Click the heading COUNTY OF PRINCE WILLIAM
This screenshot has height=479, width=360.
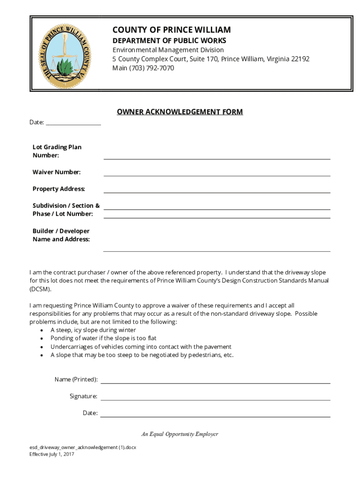pyautogui.click(x=171, y=30)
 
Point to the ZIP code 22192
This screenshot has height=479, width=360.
pyautogui.click(x=300, y=59)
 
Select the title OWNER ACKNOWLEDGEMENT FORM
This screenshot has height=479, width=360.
pyautogui.click(x=180, y=112)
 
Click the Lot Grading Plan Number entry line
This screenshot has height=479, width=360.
pyautogui.click(x=216, y=157)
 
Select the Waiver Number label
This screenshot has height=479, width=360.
pyautogui.click(x=57, y=172)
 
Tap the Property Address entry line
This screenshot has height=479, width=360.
pyautogui.click(x=216, y=191)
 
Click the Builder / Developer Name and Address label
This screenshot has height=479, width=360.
pyautogui.click(x=61, y=235)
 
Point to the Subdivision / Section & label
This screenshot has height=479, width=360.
pyautogui.click(x=66, y=206)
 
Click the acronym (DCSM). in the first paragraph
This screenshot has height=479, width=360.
pyautogui.click(x=41, y=289)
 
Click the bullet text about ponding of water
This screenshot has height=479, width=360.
pyautogui.click(x=103, y=338)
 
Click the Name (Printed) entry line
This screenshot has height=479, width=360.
pyautogui.click(x=216, y=382)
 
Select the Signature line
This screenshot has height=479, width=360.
pyautogui.click(x=216, y=399)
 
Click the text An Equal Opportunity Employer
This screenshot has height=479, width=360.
pyautogui.click(x=180, y=434)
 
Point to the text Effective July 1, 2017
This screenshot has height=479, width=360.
pyautogui.click(x=51, y=454)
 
